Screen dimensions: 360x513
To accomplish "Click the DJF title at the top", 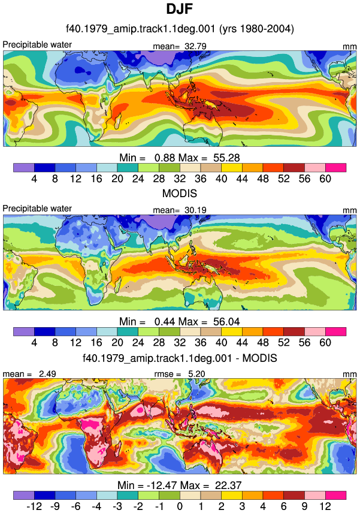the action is [180, 9].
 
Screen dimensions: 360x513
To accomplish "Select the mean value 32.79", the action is [195, 46].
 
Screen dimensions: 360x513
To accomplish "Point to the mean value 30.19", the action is [195, 210].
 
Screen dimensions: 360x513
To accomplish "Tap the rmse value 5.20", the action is [196, 373].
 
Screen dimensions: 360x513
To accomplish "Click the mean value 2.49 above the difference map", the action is [47, 373].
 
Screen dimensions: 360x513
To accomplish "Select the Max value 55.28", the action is [226, 158].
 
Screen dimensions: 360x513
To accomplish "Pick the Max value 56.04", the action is [226, 322].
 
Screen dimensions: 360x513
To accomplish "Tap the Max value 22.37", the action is [228, 485].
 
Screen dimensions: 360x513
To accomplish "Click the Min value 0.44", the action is [165, 322].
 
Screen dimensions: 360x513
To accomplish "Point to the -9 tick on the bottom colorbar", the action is [55, 506].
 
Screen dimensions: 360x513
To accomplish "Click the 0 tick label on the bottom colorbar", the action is [180, 506].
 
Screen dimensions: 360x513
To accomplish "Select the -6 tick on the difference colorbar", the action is [76, 506].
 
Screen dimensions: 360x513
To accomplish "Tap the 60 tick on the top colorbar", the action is [325, 179].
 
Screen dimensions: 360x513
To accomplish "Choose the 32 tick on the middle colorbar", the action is [180, 343].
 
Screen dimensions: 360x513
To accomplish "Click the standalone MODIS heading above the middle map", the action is [180, 194].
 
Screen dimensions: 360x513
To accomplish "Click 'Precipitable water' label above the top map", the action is [37, 44].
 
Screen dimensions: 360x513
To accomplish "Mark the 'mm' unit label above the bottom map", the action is [350, 374].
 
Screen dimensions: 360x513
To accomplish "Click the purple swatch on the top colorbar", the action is [24, 168].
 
